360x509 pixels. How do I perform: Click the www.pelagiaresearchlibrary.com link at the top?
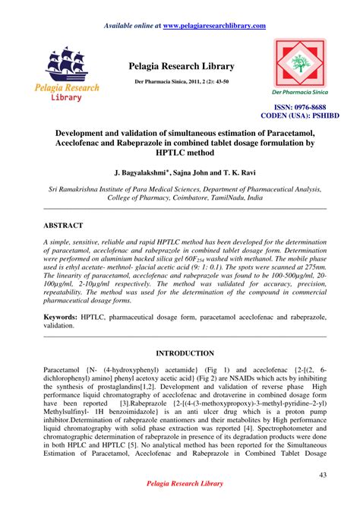coord(214,26)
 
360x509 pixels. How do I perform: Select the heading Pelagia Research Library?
coord(182,67)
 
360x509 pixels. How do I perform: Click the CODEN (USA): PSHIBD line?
coord(299,116)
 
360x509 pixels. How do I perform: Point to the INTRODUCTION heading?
coord(185,354)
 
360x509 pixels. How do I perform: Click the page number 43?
coord(322,475)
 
